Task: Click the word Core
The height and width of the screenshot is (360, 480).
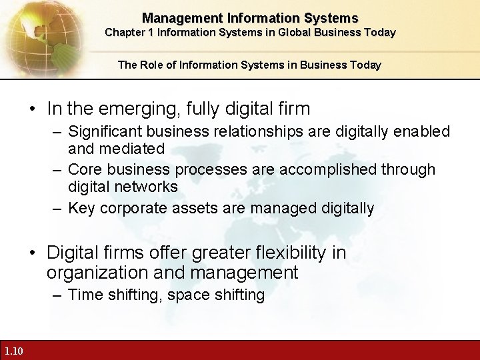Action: pyautogui.click(x=84, y=169)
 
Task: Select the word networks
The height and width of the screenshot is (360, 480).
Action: pyautogui.click(x=145, y=187)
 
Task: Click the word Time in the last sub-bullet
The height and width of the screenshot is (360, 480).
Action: pyautogui.click(x=84, y=295)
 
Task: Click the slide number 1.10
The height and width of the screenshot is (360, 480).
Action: pyautogui.click(x=13, y=351)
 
